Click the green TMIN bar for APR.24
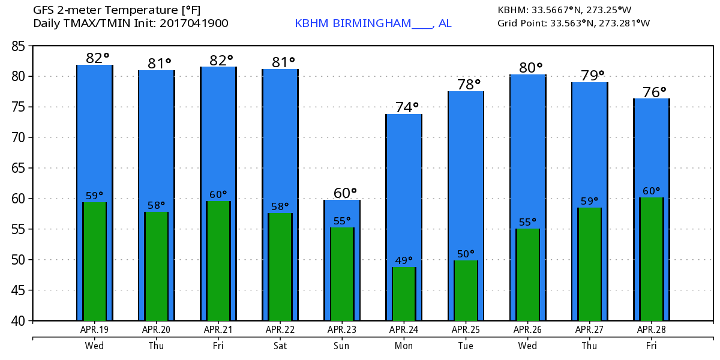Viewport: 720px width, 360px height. coord(404,294)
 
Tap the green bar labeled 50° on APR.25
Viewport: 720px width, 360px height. coord(466,290)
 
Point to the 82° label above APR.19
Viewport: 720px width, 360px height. coord(97,58)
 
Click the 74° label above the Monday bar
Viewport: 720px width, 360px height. coord(407,107)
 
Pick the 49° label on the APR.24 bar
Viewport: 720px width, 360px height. coord(404,260)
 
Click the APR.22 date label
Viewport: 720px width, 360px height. coord(280,329)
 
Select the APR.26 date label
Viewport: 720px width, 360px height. coord(527,329)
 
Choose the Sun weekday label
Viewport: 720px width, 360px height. coord(342,346)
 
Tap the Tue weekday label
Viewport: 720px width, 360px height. coord(466,346)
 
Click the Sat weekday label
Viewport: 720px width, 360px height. coord(280,346)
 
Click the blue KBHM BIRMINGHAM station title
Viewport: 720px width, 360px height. coord(373,23)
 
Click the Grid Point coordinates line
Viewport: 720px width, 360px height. coord(574,23)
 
